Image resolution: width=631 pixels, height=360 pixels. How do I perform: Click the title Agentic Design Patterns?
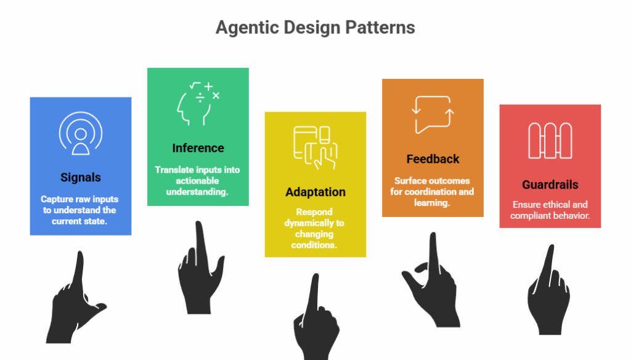[315, 28]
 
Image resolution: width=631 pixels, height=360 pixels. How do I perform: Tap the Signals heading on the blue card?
[81, 178]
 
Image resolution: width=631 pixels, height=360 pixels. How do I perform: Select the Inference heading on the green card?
[198, 148]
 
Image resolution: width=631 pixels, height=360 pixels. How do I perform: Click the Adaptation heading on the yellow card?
[315, 192]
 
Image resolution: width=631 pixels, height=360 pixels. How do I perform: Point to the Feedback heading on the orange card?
[433, 159]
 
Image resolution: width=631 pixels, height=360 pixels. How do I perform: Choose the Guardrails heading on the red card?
[550, 185]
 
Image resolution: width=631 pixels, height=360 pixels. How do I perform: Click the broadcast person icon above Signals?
[81, 133]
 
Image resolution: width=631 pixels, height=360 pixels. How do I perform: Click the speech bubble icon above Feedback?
[433, 115]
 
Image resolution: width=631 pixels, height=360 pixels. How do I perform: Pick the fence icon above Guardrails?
[550, 141]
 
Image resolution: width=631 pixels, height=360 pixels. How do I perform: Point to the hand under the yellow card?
[315, 321]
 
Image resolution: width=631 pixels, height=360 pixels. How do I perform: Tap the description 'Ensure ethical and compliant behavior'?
[550, 210]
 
